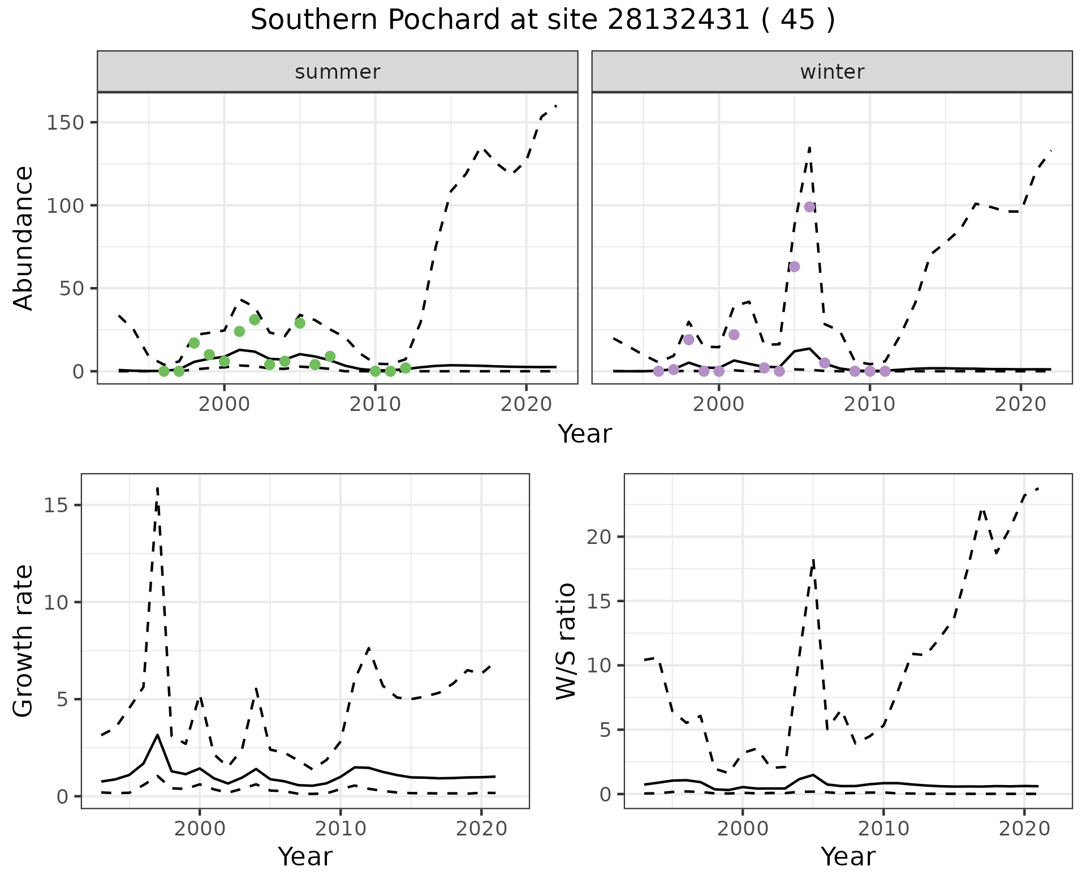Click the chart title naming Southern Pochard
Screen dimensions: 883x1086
click(x=542, y=20)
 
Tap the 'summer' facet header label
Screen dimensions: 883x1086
click(x=338, y=72)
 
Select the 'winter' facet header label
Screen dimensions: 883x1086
click(x=832, y=72)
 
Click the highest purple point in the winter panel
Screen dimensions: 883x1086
click(x=809, y=207)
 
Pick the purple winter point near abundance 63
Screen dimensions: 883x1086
click(x=794, y=267)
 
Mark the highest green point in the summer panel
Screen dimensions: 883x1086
click(x=255, y=320)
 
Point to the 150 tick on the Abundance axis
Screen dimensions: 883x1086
click(x=65, y=123)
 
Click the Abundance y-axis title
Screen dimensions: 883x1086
click(x=24, y=238)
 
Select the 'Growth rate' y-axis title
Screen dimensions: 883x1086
click(x=24, y=641)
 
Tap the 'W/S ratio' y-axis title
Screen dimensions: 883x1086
click(x=566, y=641)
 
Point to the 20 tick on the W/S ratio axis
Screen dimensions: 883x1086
click(x=600, y=537)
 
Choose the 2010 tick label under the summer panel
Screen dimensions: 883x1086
click(x=375, y=405)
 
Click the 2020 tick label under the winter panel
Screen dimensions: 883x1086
click(x=1021, y=405)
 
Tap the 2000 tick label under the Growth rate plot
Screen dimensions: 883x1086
click(x=199, y=829)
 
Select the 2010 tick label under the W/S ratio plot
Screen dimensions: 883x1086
click(x=884, y=829)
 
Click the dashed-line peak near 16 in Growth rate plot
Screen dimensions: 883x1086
click(x=157, y=487)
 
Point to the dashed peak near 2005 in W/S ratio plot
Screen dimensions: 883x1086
click(x=813, y=560)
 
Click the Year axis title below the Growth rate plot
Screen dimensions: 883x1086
click(x=305, y=857)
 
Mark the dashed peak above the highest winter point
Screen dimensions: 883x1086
click(x=809, y=148)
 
